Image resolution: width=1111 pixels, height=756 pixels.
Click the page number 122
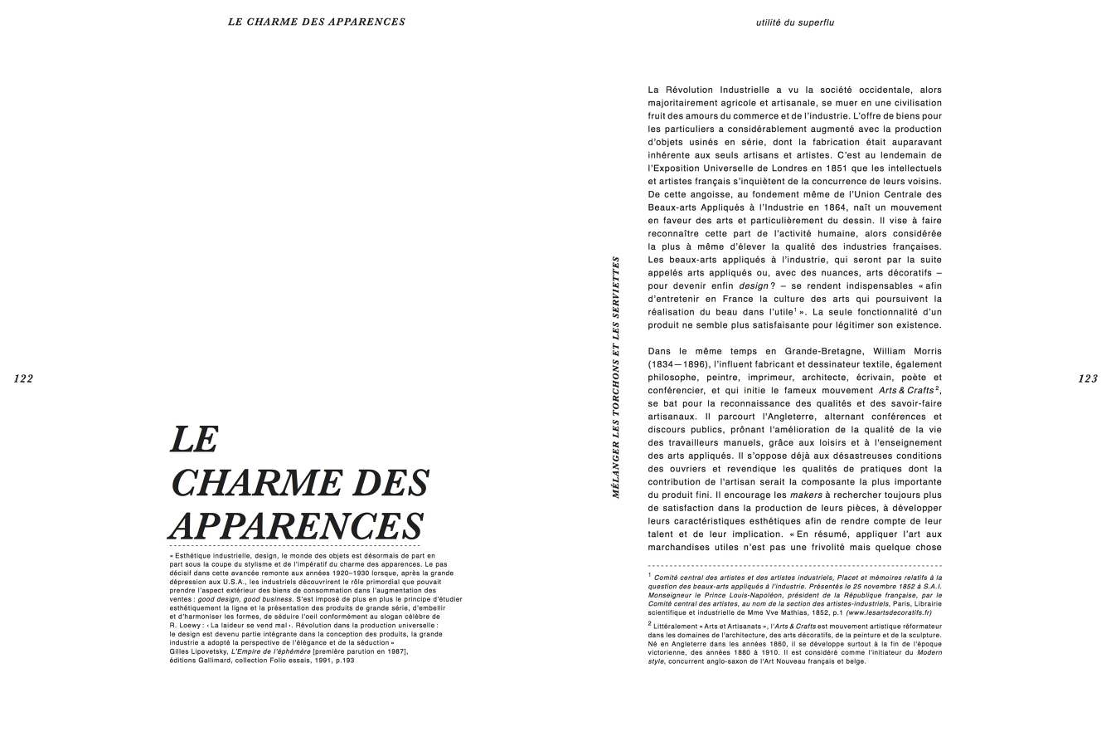click(23, 378)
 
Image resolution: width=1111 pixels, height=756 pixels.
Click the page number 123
click(1088, 378)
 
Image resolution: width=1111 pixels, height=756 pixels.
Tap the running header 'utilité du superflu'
click(795, 22)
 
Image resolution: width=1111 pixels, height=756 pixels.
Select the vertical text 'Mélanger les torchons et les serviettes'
click(615, 377)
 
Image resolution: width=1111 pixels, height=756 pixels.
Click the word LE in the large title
click(193, 439)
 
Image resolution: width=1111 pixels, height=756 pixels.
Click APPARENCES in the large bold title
click(296, 526)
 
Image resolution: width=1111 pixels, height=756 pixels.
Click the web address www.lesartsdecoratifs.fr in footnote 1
click(888, 612)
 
